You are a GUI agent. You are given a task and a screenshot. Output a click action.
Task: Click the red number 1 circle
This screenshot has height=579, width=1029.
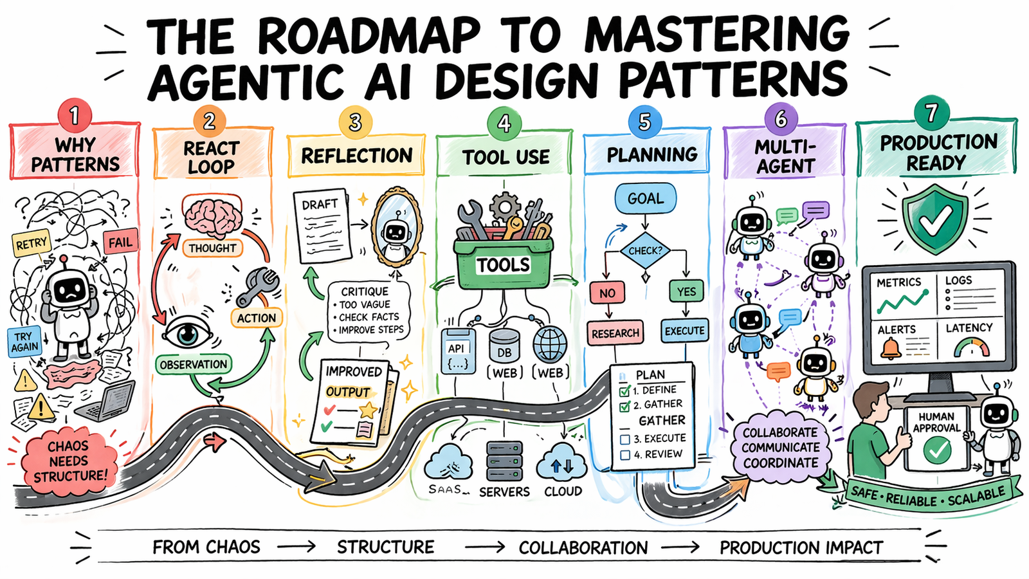coord(75,116)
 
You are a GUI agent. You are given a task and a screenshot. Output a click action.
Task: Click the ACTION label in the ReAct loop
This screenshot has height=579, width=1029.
coord(256,318)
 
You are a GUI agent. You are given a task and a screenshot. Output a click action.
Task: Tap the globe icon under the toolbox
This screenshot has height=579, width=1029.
coord(550,344)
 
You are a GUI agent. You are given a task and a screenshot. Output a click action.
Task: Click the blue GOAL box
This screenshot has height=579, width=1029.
coord(645,198)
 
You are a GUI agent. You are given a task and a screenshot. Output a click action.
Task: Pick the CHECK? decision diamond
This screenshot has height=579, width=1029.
coord(645,250)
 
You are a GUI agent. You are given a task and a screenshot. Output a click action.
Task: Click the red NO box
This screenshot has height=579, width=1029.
coord(607,293)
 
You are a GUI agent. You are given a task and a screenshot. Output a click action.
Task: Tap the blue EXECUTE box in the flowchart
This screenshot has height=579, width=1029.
coord(684,331)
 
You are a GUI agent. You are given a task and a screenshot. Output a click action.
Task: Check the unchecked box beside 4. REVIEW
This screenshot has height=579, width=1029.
coord(624,455)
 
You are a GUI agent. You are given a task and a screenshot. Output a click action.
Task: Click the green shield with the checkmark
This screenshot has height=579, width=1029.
coord(934,219)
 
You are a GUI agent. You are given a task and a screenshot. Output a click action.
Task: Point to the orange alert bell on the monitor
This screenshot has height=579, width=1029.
coord(891,349)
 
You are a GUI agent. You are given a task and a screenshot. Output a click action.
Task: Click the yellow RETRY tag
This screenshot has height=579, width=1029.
coord(32,244)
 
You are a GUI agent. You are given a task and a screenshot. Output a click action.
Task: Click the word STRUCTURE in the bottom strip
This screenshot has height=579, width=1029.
coord(386,547)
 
